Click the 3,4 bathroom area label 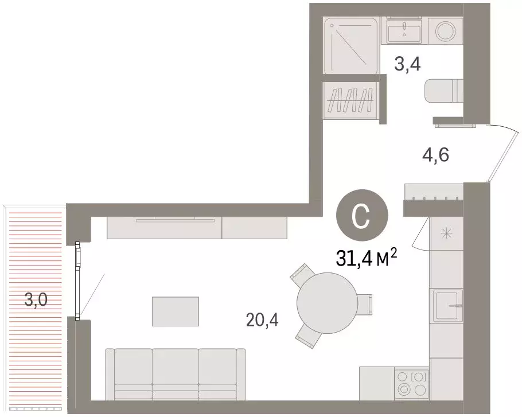pyautogui.click(x=407, y=64)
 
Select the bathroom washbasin pyautogui.click(x=406, y=30)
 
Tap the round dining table pyautogui.click(x=325, y=305)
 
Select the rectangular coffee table pyautogui.click(x=175, y=311)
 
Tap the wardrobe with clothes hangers pyautogui.click(x=350, y=100)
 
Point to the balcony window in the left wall pyautogui.click(x=77, y=280)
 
